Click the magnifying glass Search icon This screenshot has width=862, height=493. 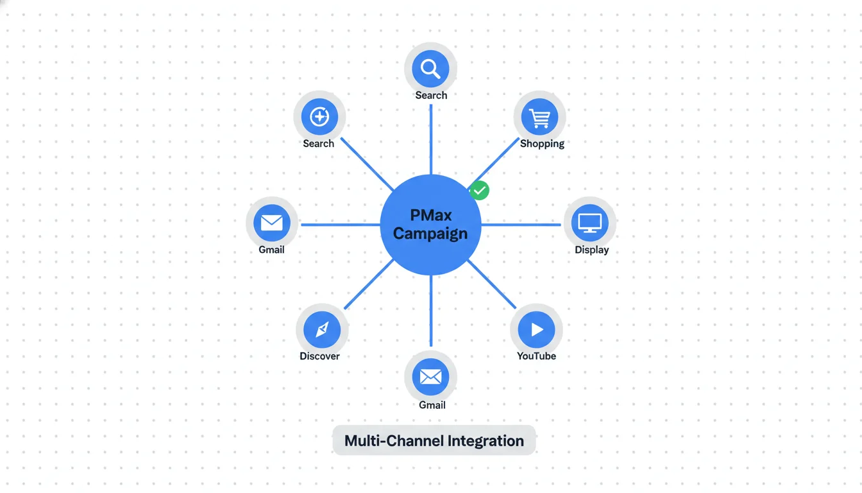(x=430, y=68)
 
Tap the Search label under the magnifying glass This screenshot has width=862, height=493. (x=431, y=95)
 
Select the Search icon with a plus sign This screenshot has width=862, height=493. (x=319, y=117)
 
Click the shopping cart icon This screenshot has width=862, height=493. (x=539, y=117)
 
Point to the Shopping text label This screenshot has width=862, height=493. (x=542, y=144)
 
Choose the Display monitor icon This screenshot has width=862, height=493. (x=589, y=223)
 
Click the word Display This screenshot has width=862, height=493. (x=591, y=250)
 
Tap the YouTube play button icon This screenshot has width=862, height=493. (x=536, y=329)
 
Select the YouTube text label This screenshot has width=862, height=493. (x=536, y=356)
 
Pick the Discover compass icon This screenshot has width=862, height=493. (x=322, y=329)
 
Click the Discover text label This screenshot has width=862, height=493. (x=319, y=356)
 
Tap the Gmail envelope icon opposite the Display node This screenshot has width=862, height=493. (x=272, y=223)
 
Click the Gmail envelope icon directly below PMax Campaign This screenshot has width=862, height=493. (x=430, y=377)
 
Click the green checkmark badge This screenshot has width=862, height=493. (x=479, y=190)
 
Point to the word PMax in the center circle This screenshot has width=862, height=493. (x=430, y=216)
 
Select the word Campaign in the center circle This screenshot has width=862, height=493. (x=430, y=233)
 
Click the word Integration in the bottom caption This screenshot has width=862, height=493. (x=486, y=441)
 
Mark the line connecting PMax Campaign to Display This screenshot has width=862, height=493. (x=521, y=225)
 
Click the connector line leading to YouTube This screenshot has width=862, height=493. (x=492, y=284)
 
